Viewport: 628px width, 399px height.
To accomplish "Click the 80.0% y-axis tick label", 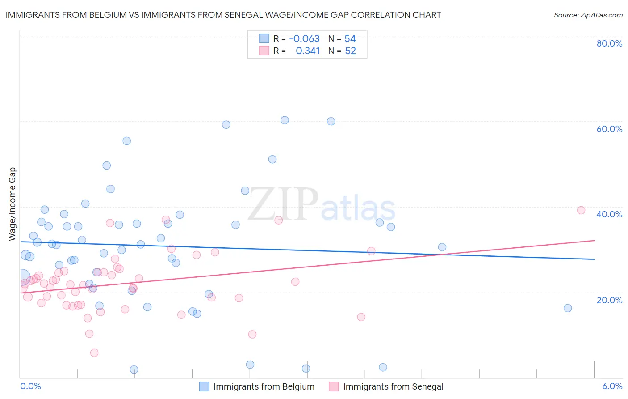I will (x=609, y=43).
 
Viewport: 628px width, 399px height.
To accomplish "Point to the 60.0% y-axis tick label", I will (x=609, y=129).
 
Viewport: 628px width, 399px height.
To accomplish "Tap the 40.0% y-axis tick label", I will (x=609, y=214).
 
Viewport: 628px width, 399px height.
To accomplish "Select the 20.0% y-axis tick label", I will (x=609, y=300).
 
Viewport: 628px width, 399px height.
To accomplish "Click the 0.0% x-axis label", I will (x=30, y=386).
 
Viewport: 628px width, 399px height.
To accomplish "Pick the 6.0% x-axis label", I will (x=612, y=386).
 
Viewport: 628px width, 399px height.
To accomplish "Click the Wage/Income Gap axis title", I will (x=13, y=204).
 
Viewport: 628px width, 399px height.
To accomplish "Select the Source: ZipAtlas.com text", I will (x=588, y=15).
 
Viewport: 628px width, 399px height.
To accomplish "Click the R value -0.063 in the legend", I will (x=304, y=38).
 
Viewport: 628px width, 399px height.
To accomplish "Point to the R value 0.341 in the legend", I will (x=308, y=51).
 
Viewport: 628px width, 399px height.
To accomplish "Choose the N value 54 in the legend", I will (x=350, y=38).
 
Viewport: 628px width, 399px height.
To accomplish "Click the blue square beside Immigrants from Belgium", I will (x=204, y=386).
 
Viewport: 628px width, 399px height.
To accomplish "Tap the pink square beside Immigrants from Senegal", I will (x=334, y=386).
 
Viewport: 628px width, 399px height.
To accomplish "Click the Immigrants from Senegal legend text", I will (x=393, y=386).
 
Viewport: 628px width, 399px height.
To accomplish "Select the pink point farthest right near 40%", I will (x=581, y=210).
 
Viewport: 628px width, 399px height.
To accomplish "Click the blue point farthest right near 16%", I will (x=568, y=308).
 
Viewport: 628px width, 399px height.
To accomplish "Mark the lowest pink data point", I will (x=94, y=353).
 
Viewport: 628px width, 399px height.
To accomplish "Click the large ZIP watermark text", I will (x=283, y=204).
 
